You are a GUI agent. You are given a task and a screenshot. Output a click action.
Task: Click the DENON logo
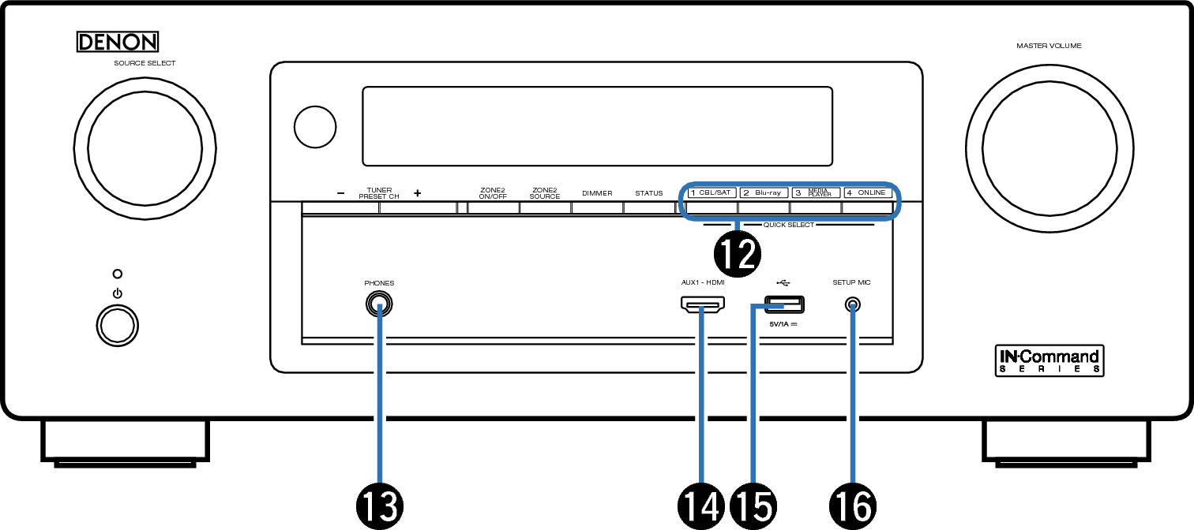coord(117,42)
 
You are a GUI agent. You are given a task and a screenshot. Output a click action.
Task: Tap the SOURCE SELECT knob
coord(145,148)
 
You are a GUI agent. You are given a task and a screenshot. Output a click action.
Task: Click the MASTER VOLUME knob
coord(1049,148)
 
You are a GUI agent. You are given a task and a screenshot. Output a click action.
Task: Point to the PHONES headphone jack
coord(379,304)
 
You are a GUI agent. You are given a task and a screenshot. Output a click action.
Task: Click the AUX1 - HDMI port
coord(703,304)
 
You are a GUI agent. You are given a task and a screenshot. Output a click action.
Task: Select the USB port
coord(785,304)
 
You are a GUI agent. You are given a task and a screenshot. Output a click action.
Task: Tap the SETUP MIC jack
coord(853,305)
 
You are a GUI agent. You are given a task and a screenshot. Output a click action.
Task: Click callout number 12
coord(738,254)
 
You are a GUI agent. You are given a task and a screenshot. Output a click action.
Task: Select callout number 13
coord(380,506)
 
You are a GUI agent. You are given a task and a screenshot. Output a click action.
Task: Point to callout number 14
coord(701,506)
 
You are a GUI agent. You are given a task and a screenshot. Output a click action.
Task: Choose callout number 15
coord(753,506)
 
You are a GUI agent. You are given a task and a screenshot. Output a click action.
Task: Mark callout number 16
coord(853,506)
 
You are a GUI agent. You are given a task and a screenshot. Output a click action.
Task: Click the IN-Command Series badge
coord(1049,360)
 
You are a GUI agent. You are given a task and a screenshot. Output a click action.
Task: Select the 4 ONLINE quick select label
coord(868,192)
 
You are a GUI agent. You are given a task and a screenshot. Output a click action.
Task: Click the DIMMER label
coord(597,193)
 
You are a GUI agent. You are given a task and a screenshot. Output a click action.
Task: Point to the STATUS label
coord(648,193)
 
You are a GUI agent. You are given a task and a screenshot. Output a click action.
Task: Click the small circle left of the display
coord(315,127)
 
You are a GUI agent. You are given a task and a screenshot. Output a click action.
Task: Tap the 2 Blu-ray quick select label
coord(764,192)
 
